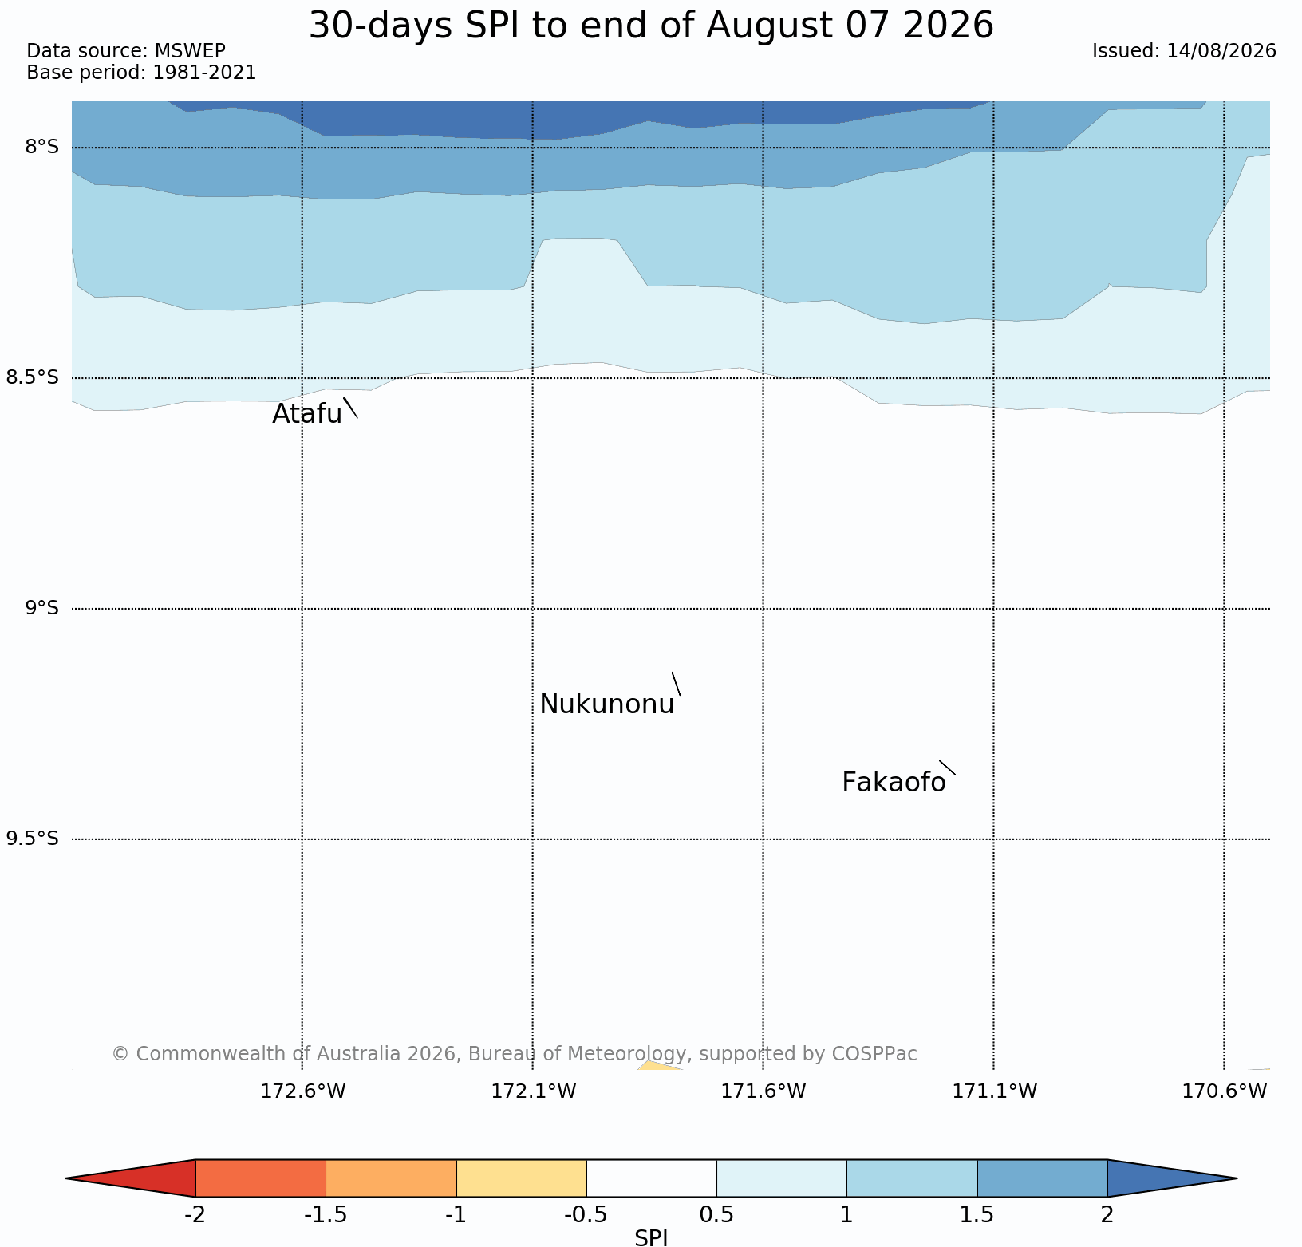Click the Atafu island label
tap(307, 414)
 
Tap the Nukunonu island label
tap(607, 704)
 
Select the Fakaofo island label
tap(894, 783)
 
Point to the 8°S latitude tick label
tap(41, 147)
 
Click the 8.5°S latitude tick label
tap(33, 377)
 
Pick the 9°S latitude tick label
tap(41, 608)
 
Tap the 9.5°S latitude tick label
tap(33, 839)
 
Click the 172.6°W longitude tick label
tap(303, 1091)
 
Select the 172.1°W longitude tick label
tap(533, 1091)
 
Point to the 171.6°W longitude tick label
tap(763, 1091)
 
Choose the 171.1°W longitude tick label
tap(995, 1091)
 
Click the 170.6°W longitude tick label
tap(1225, 1091)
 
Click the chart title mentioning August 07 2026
tap(651, 26)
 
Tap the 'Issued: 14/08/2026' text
tap(1184, 51)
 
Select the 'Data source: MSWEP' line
tap(126, 51)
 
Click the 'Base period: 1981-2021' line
tap(141, 73)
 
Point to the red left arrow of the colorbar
tap(131, 1178)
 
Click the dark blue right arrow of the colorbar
tap(1172, 1178)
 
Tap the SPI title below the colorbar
tap(651, 1237)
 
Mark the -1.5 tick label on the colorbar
tap(325, 1215)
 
